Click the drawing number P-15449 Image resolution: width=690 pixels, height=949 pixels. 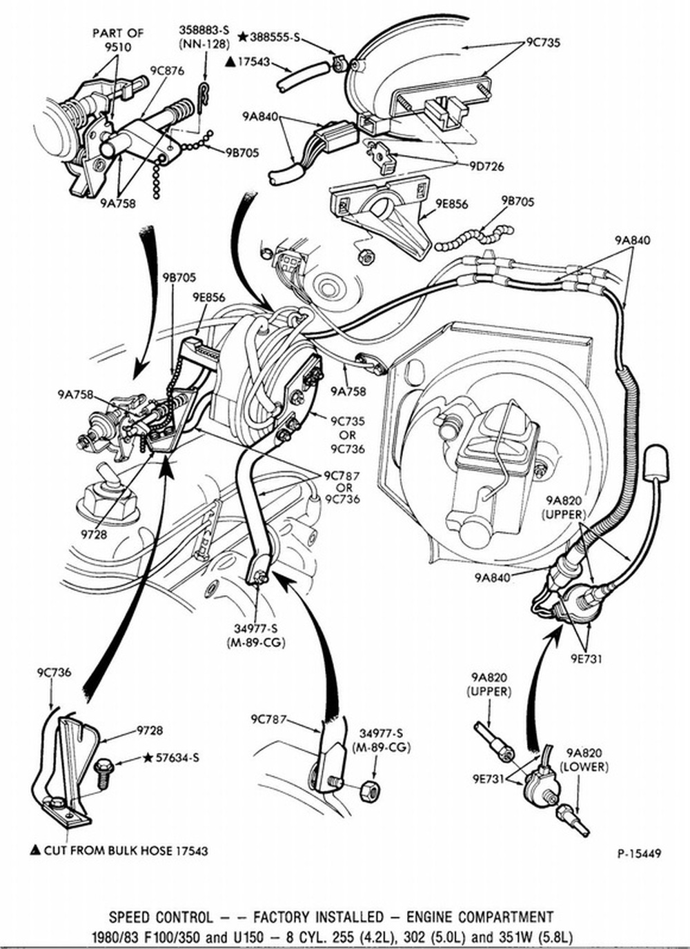pyautogui.click(x=639, y=854)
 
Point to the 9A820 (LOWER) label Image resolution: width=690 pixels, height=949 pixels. pyautogui.click(x=583, y=759)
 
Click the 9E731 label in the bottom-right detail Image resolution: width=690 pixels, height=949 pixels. pyautogui.click(x=489, y=779)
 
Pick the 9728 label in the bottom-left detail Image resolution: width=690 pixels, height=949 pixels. pyautogui.click(x=150, y=730)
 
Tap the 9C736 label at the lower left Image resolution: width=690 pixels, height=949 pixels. pyautogui.click(x=54, y=672)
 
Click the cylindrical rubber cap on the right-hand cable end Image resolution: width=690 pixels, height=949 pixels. pyautogui.click(x=656, y=462)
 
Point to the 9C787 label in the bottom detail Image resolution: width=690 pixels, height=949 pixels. pyautogui.click(x=268, y=720)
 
